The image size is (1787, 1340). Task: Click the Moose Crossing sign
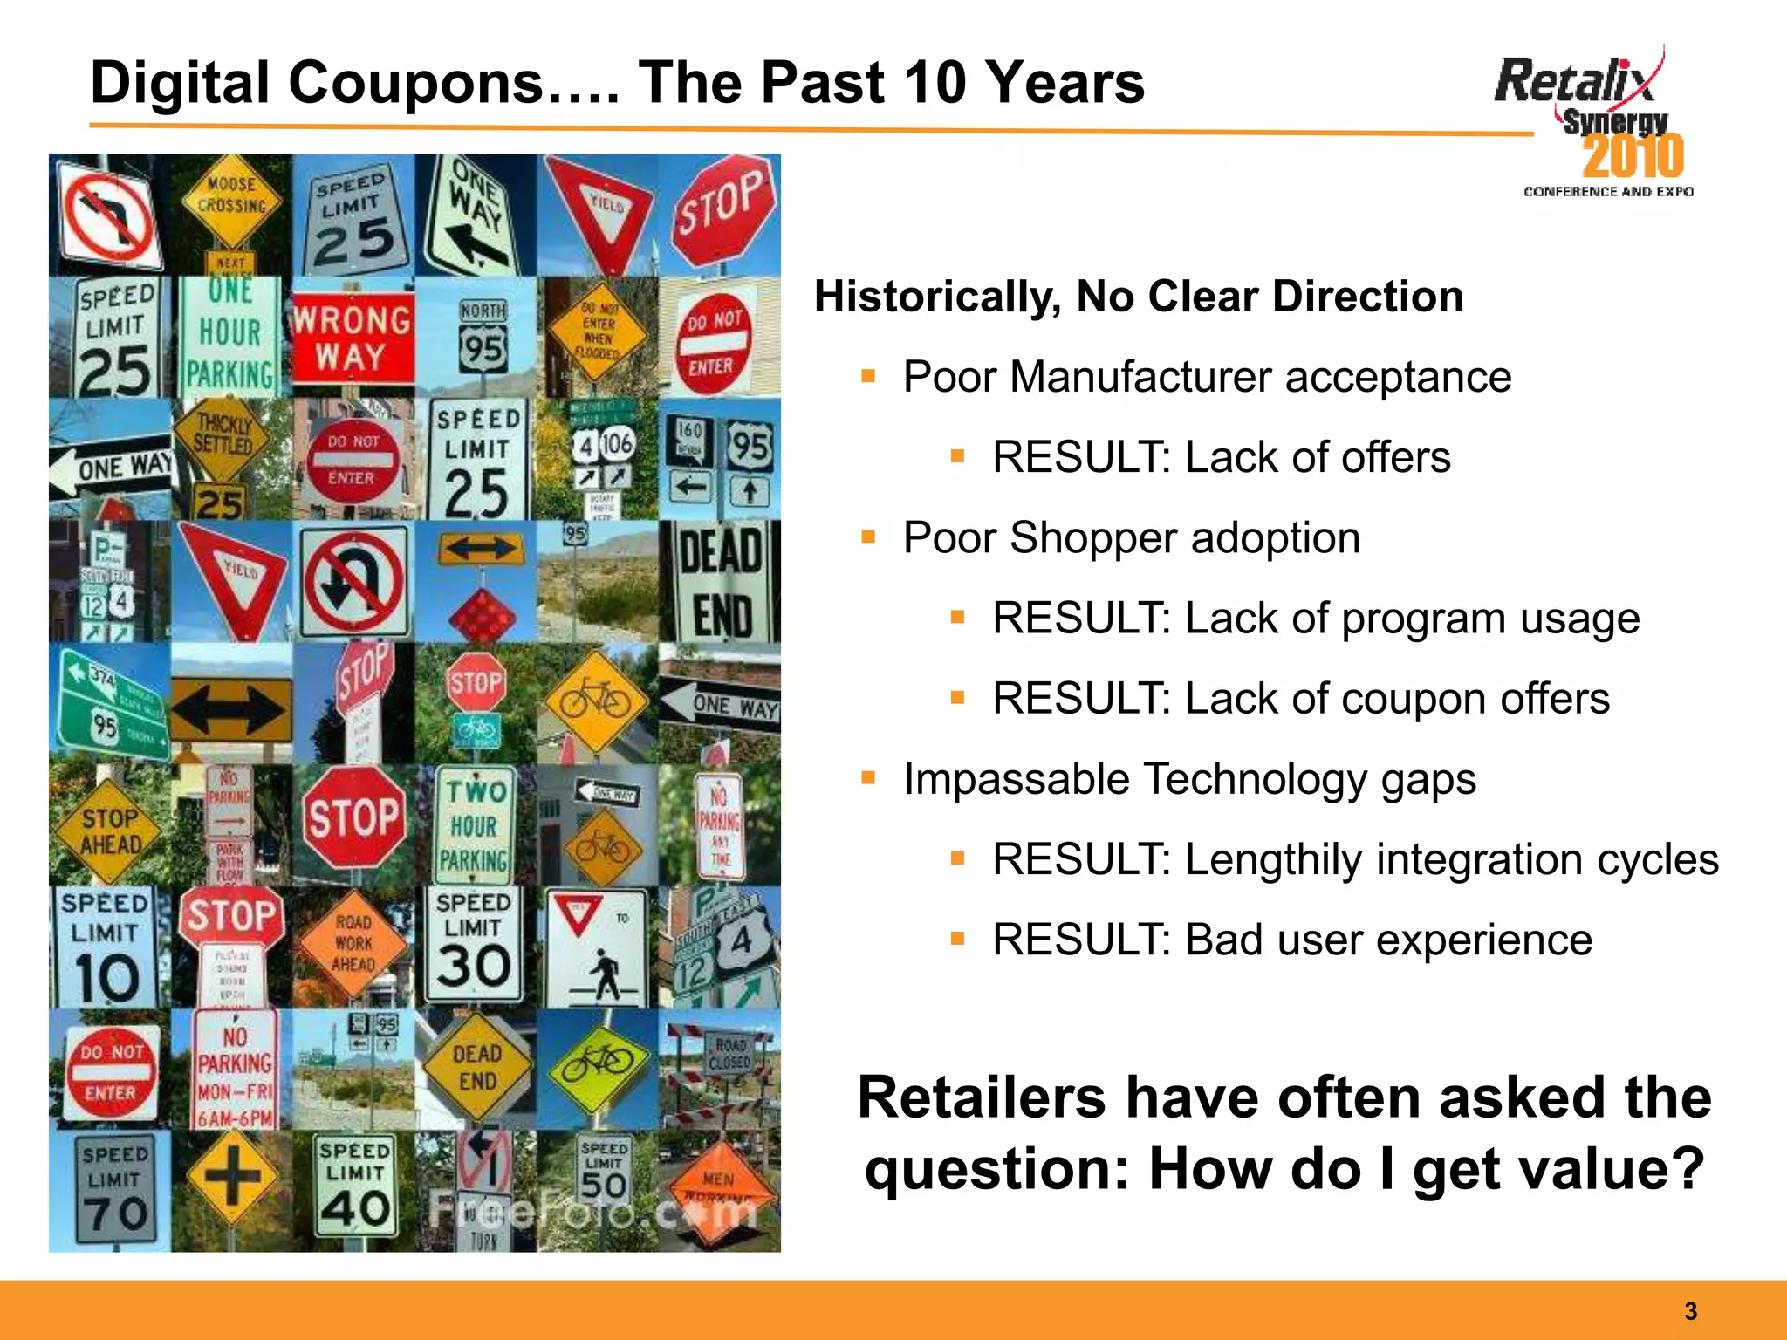tap(231, 199)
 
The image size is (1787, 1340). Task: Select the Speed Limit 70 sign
tap(113, 1192)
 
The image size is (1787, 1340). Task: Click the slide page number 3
tap(1690, 1311)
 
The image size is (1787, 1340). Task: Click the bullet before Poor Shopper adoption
tap(867, 537)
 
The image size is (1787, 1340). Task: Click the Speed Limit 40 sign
tap(354, 1187)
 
